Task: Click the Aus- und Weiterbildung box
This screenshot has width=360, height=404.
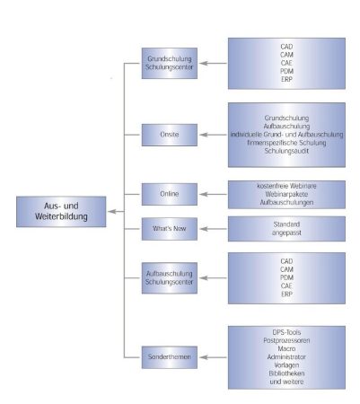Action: click(61, 212)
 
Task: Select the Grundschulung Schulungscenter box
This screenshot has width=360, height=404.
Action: click(170, 63)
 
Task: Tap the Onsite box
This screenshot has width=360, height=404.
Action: click(170, 135)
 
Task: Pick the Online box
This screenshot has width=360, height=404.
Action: click(170, 194)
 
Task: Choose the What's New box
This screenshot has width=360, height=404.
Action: click(170, 229)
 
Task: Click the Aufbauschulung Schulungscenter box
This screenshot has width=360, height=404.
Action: click(170, 278)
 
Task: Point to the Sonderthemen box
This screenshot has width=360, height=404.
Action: click(170, 357)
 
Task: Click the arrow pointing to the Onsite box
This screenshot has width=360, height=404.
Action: click(213, 135)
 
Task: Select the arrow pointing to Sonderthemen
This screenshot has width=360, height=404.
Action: click(213, 357)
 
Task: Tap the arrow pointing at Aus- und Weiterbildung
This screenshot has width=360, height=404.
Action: click(116, 212)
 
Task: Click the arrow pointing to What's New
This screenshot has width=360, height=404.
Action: click(213, 229)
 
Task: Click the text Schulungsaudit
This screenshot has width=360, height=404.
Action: click(286, 151)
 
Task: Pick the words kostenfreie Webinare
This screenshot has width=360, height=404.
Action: click(286, 186)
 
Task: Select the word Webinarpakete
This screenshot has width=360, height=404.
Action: click(286, 194)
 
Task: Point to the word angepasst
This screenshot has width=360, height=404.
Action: click(286, 233)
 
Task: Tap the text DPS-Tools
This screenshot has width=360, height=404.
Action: click(286, 332)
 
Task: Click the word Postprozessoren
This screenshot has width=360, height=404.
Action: click(286, 340)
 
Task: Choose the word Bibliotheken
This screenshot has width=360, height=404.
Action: click(286, 373)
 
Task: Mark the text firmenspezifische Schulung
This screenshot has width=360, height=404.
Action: click(286, 143)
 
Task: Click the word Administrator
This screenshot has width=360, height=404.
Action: click(286, 357)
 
